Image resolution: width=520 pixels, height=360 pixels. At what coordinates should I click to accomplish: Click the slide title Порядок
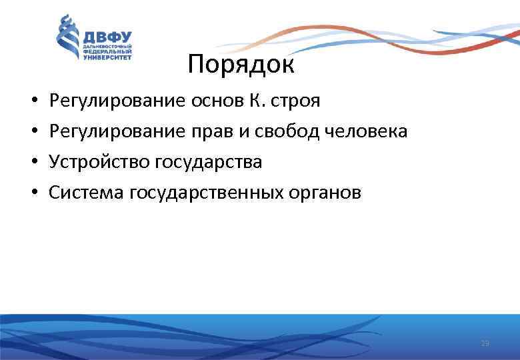(241, 65)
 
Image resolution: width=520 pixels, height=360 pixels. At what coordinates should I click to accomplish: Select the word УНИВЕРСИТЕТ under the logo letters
(107, 57)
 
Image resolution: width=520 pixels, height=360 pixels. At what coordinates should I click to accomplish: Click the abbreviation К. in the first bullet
(247, 101)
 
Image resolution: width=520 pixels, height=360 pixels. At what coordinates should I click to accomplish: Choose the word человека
(367, 132)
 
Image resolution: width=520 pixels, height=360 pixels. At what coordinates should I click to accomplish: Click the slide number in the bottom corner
(485, 343)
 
